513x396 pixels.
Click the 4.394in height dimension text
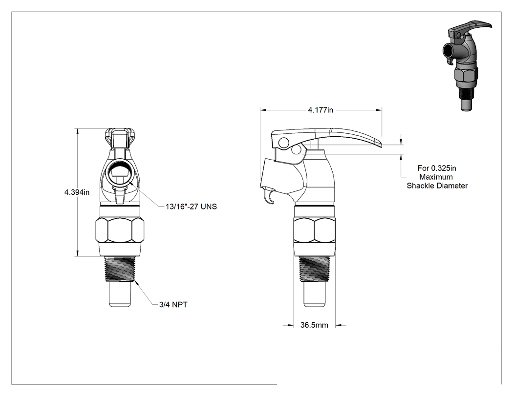tap(77, 192)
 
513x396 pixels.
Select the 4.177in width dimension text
tap(321, 110)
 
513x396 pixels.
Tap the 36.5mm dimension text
tap(314, 325)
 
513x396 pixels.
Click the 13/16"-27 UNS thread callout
tap(191, 207)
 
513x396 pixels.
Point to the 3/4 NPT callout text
tap(173, 305)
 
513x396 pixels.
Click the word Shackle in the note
tap(421, 186)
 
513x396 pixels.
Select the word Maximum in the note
tap(436, 177)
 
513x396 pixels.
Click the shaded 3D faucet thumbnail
tap(465, 66)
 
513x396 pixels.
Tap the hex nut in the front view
tap(120, 230)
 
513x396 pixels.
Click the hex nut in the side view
tap(315, 230)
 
